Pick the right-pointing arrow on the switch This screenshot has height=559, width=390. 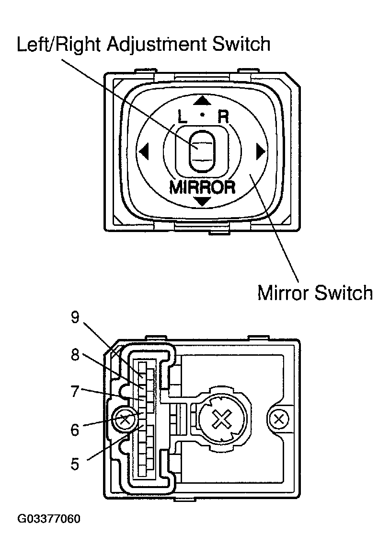pos(261,151)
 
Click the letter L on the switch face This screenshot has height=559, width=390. pos(183,116)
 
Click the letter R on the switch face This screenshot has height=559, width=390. pos(223,116)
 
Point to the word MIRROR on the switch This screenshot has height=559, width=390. pos(202,187)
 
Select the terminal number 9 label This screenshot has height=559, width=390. pos(75,319)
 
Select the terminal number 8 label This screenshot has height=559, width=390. pos(75,356)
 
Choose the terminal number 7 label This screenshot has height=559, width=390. pos(75,392)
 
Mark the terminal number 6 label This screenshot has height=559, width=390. pos(75,429)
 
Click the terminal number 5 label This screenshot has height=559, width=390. pos(75,465)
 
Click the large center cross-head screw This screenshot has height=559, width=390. pos(221,421)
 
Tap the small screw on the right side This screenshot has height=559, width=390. pos(278,420)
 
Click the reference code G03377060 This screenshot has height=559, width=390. pos(49,520)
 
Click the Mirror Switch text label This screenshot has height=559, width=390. pos(315,292)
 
